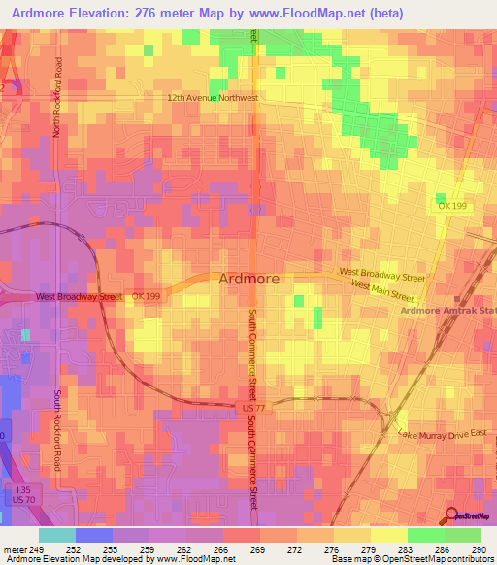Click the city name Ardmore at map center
(x=249, y=279)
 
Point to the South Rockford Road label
(x=57, y=431)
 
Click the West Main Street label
(x=387, y=288)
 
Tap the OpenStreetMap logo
(x=470, y=516)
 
